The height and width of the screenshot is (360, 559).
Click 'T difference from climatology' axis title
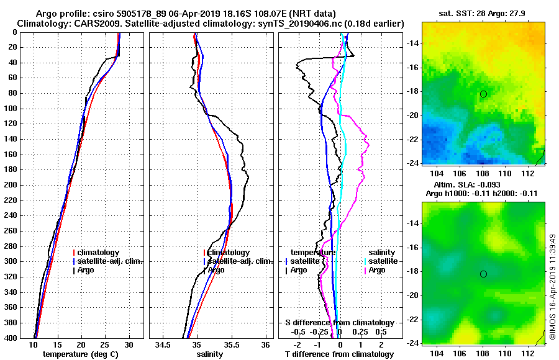click(x=339, y=354)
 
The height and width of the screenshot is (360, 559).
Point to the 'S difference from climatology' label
click(x=339, y=323)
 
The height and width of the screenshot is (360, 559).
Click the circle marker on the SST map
click(x=483, y=94)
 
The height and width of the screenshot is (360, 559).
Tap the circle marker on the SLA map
click(x=483, y=274)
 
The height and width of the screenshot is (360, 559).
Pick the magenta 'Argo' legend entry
click(x=378, y=270)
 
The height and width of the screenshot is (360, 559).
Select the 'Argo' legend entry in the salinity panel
click(x=217, y=270)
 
